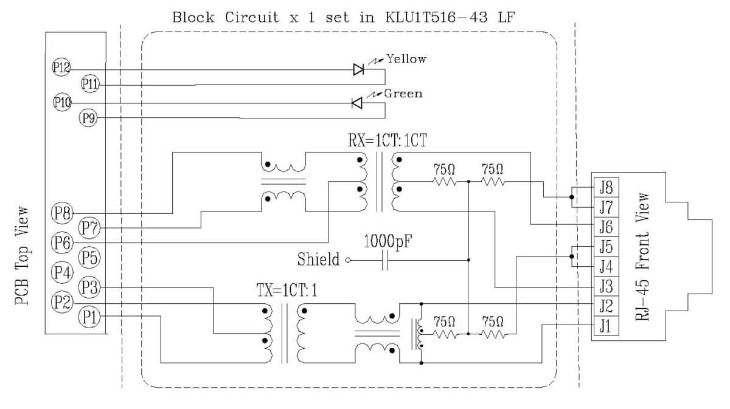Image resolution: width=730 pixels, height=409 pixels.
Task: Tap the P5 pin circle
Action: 89,257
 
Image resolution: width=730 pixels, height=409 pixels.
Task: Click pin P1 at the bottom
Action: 88,316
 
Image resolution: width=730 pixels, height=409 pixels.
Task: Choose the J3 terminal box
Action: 605,286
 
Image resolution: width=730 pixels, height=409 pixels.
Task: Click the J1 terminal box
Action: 605,326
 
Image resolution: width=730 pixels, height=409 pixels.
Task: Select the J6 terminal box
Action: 605,226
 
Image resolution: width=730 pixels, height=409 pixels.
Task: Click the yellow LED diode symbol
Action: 358,69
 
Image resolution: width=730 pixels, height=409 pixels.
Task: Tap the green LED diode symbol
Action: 358,103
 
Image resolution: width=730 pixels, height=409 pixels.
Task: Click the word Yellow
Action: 406,59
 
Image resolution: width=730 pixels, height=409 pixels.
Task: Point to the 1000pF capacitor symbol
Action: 384,261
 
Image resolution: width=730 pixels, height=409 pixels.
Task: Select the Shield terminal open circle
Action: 348,261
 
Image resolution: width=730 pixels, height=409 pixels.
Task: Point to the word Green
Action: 403,94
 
